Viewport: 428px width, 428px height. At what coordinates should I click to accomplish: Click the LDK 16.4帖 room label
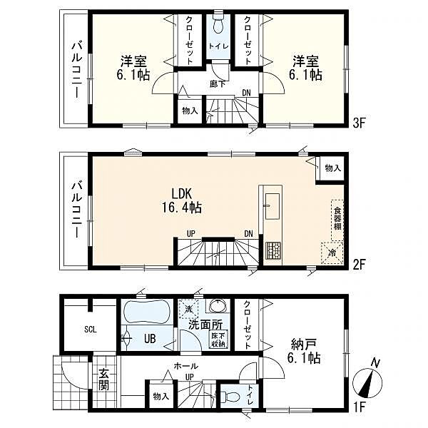[182, 200]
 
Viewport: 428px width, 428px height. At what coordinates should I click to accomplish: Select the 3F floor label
[359, 123]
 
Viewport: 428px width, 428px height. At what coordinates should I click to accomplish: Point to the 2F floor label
[359, 265]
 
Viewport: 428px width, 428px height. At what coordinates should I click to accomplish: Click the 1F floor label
[360, 407]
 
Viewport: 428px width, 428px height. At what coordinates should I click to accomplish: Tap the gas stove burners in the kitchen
[273, 250]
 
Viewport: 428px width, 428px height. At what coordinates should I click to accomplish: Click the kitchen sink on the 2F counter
[272, 206]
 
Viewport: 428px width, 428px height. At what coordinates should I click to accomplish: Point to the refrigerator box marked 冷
[332, 253]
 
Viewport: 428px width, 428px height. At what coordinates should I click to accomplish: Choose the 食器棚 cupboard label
[337, 219]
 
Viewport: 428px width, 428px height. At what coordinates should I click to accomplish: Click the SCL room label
[91, 330]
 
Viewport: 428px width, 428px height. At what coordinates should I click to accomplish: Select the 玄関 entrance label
[104, 379]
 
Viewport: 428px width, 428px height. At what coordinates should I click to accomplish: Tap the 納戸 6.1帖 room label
[304, 351]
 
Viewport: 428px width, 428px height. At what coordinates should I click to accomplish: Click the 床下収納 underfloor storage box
[218, 340]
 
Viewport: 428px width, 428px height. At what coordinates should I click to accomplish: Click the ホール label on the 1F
[186, 366]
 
